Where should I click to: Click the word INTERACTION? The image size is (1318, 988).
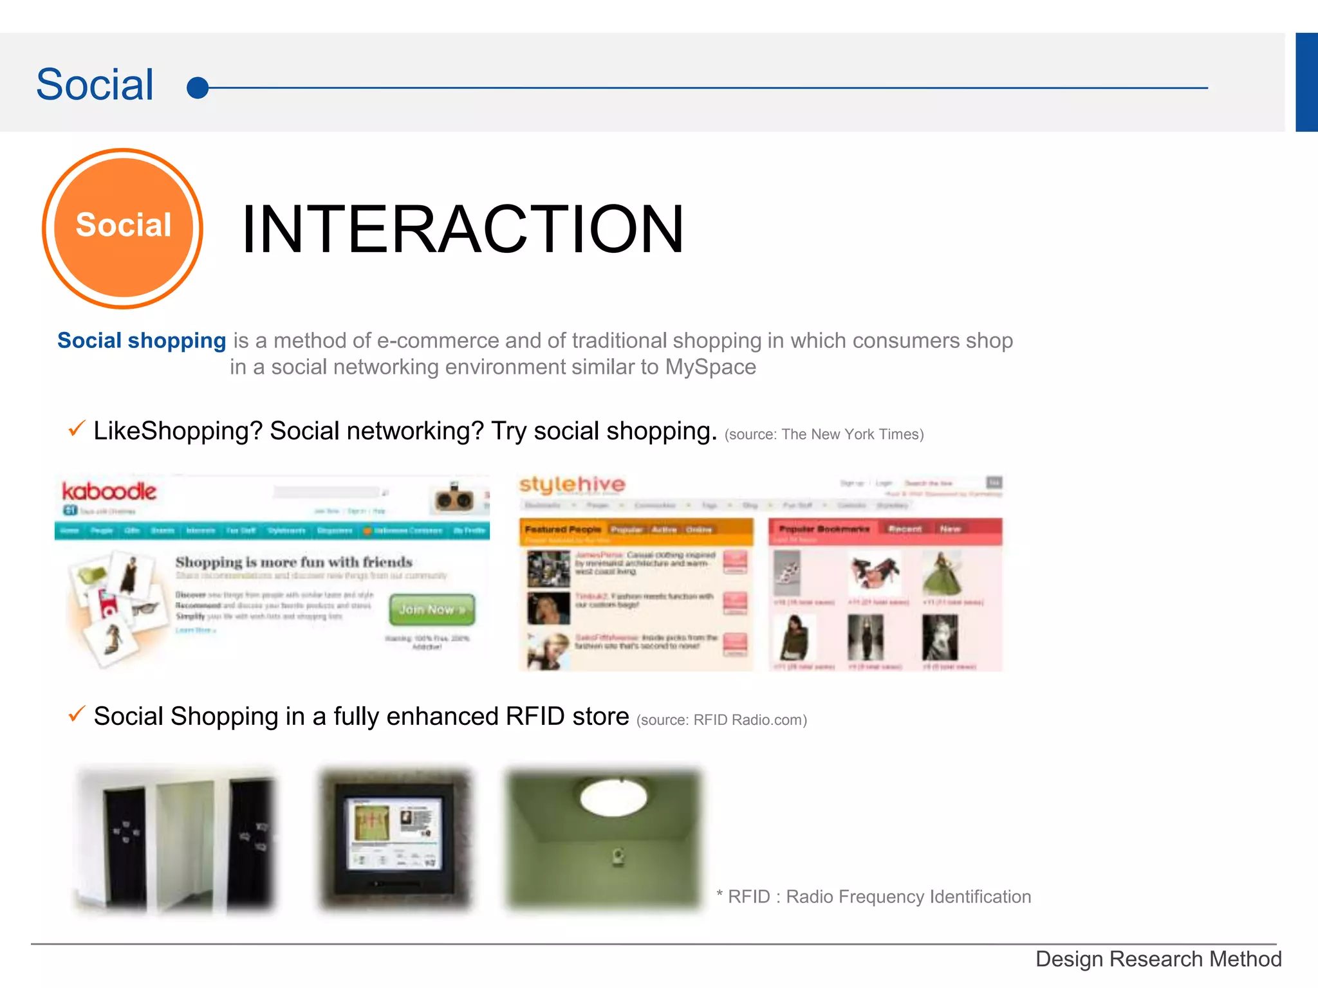click(462, 229)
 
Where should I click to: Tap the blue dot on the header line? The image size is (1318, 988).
click(198, 87)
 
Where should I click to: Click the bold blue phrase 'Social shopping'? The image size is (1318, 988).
click(142, 340)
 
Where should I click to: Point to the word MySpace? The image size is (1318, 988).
click(710, 367)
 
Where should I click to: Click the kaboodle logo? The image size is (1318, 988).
click(109, 491)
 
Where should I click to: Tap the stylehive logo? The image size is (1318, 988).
click(572, 484)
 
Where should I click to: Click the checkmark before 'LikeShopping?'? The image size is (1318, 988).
click(77, 428)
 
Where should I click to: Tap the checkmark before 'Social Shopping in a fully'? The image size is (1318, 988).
click(77, 714)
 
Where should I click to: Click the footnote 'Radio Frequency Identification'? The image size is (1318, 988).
click(908, 897)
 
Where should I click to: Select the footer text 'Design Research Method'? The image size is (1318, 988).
click(1158, 959)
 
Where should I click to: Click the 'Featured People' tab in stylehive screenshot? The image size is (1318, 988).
click(562, 529)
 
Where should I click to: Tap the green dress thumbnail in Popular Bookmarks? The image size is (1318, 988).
click(942, 574)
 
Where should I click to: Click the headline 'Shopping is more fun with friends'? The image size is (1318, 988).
click(294, 562)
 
